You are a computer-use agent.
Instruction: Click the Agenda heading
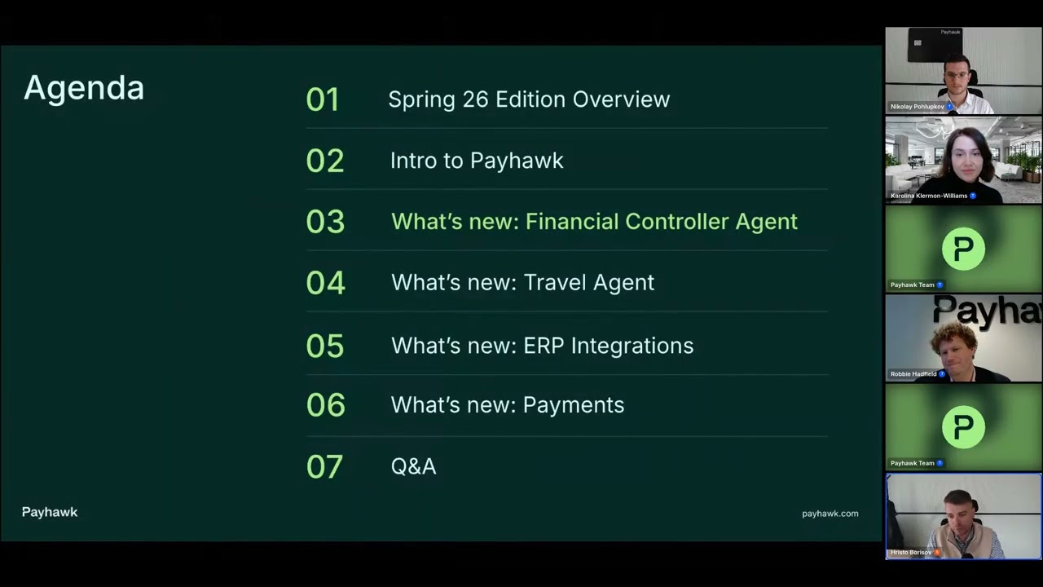[84, 88]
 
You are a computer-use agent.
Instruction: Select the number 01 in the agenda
[323, 99]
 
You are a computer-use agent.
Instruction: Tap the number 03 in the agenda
[325, 222]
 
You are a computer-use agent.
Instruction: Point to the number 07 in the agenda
[324, 466]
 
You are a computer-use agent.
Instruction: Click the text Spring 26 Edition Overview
[529, 99]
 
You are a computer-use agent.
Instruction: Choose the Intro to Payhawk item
[477, 161]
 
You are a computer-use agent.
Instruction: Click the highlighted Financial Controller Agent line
[594, 222]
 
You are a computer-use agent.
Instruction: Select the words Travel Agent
[588, 283]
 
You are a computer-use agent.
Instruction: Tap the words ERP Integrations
[608, 346]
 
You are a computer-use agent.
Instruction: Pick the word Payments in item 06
[573, 405]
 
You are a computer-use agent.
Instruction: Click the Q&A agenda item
[413, 466]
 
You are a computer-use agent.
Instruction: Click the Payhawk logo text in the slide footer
[50, 512]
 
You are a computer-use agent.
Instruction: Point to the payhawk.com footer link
[830, 514]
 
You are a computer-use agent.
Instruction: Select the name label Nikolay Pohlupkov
[917, 107]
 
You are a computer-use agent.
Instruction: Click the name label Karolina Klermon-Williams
[928, 196]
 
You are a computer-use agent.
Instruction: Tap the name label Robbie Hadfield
[913, 374]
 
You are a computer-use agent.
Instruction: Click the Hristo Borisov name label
[910, 553]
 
